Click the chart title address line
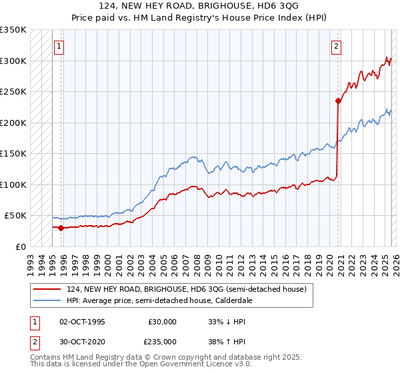[200, 7]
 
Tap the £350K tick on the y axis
[13, 30]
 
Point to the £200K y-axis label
[13, 123]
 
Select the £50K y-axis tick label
[16, 216]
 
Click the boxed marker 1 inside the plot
[59, 47]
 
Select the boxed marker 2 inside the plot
[336, 47]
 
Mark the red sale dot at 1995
[61, 228]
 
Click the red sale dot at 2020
[338, 101]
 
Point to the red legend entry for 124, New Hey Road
[186, 290]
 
